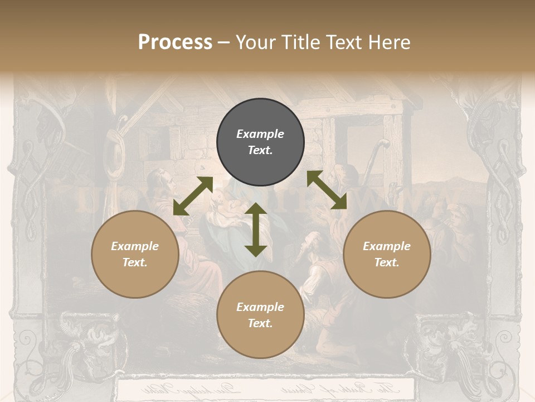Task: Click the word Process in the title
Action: pos(175,42)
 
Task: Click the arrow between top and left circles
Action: pos(193,195)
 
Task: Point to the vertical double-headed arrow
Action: pos(256,229)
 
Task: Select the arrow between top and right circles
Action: pos(327,190)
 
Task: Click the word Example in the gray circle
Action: pos(260,134)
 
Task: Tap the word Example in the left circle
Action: pos(135,246)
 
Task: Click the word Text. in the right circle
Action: pos(387,262)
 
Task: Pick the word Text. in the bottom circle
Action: pos(260,323)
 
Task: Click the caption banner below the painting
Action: pos(266,389)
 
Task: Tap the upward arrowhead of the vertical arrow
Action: pos(256,209)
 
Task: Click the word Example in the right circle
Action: pos(387,246)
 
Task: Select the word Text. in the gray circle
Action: pos(260,150)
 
